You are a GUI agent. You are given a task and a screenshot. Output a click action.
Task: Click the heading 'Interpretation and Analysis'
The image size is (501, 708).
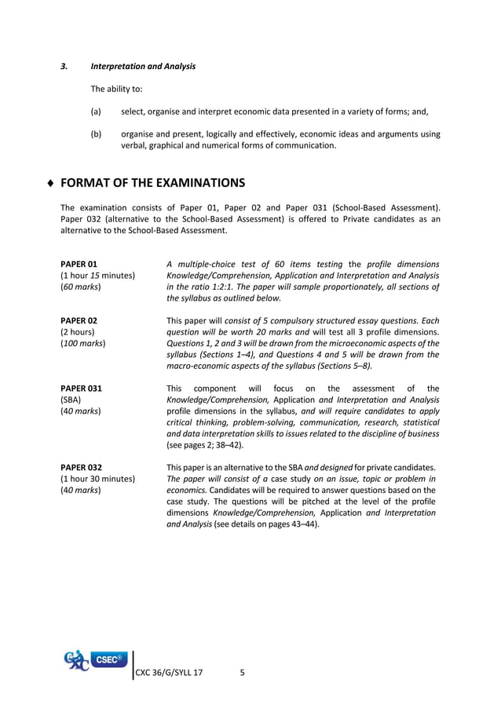(x=143, y=66)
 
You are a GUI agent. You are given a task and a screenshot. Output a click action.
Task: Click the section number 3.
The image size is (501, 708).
(x=64, y=66)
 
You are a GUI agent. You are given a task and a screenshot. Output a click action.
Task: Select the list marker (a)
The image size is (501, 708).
(x=96, y=111)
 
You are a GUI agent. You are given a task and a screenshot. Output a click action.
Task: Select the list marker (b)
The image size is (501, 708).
(x=96, y=134)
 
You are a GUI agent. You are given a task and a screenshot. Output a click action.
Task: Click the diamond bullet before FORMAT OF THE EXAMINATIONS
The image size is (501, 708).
(x=51, y=184)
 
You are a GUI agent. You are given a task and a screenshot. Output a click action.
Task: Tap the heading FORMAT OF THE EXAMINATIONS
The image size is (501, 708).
(x=152, y=183)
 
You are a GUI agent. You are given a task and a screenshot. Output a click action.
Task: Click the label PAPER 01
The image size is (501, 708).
(x=79, y=264)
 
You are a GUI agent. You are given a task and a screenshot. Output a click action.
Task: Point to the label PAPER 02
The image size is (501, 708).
(x=79, y=320)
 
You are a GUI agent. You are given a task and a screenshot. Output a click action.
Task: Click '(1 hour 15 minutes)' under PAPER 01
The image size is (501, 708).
(x=97, y=276)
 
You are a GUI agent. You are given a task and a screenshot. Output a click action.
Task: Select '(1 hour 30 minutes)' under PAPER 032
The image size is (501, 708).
(x=97, y=479)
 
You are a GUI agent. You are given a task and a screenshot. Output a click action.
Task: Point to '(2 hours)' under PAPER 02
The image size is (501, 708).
(x=77, y=332)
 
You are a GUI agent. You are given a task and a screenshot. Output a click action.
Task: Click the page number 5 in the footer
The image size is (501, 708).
(x=242, y=673)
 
